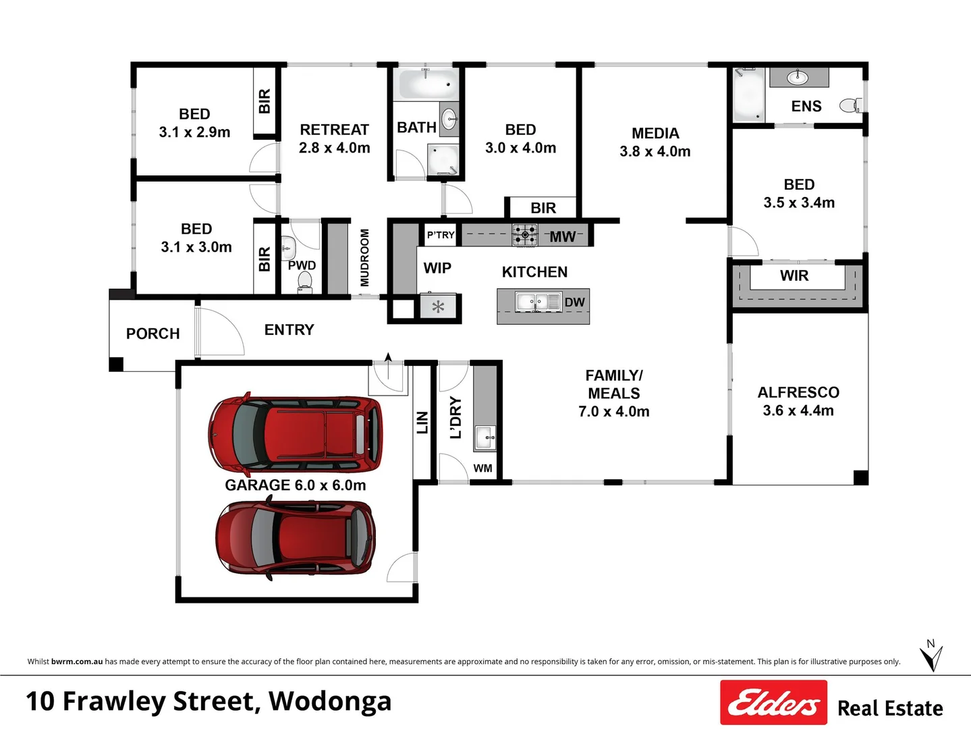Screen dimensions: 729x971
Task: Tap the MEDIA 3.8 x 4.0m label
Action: (655, 142)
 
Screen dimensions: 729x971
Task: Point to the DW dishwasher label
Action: (574, 302)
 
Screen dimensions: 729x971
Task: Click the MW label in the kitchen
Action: (562, 236)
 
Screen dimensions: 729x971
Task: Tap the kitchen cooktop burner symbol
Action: (524, 235)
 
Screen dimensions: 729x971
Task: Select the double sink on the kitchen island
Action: (538, 302)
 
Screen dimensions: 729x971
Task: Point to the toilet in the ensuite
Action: (852, 105)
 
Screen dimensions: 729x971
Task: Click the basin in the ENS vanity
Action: (798, 78)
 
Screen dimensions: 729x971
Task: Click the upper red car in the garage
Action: (296, 434)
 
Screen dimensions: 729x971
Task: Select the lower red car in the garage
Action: (296, 537)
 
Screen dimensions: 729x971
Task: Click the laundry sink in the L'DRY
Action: (484, 437)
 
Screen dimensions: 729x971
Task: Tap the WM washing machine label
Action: (482, 468)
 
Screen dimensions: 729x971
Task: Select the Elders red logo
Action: (773, 703)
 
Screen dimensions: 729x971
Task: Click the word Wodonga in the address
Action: (330, 701)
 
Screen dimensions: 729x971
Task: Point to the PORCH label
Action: (152, 333)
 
